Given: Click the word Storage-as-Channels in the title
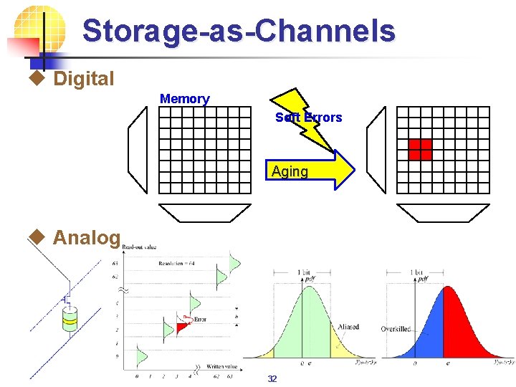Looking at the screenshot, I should [238, 32].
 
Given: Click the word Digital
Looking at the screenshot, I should [83, 79].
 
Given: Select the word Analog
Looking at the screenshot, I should [86, 237].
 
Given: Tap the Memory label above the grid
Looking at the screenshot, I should [185, 99].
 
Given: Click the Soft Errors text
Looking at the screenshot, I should [309, 117].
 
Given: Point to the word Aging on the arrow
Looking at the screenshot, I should [290, 171].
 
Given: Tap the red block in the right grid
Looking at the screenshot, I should [420, 148].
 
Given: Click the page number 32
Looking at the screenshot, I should [272, 379].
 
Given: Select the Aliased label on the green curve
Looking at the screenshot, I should [349, 327].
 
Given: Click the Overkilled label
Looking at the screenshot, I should [396, 329].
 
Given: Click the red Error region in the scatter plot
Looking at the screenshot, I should [184, 327].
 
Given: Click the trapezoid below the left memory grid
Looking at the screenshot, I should [205, 212].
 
